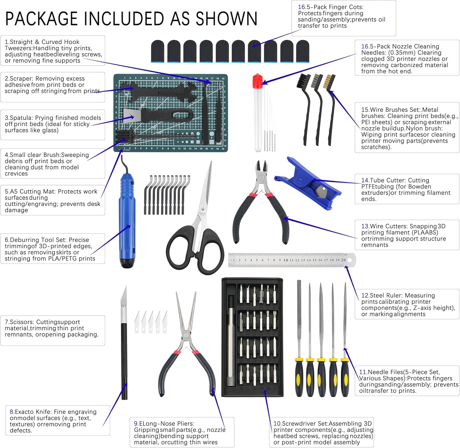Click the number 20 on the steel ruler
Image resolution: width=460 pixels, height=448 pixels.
343,260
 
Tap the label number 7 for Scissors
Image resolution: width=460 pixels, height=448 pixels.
6,322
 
